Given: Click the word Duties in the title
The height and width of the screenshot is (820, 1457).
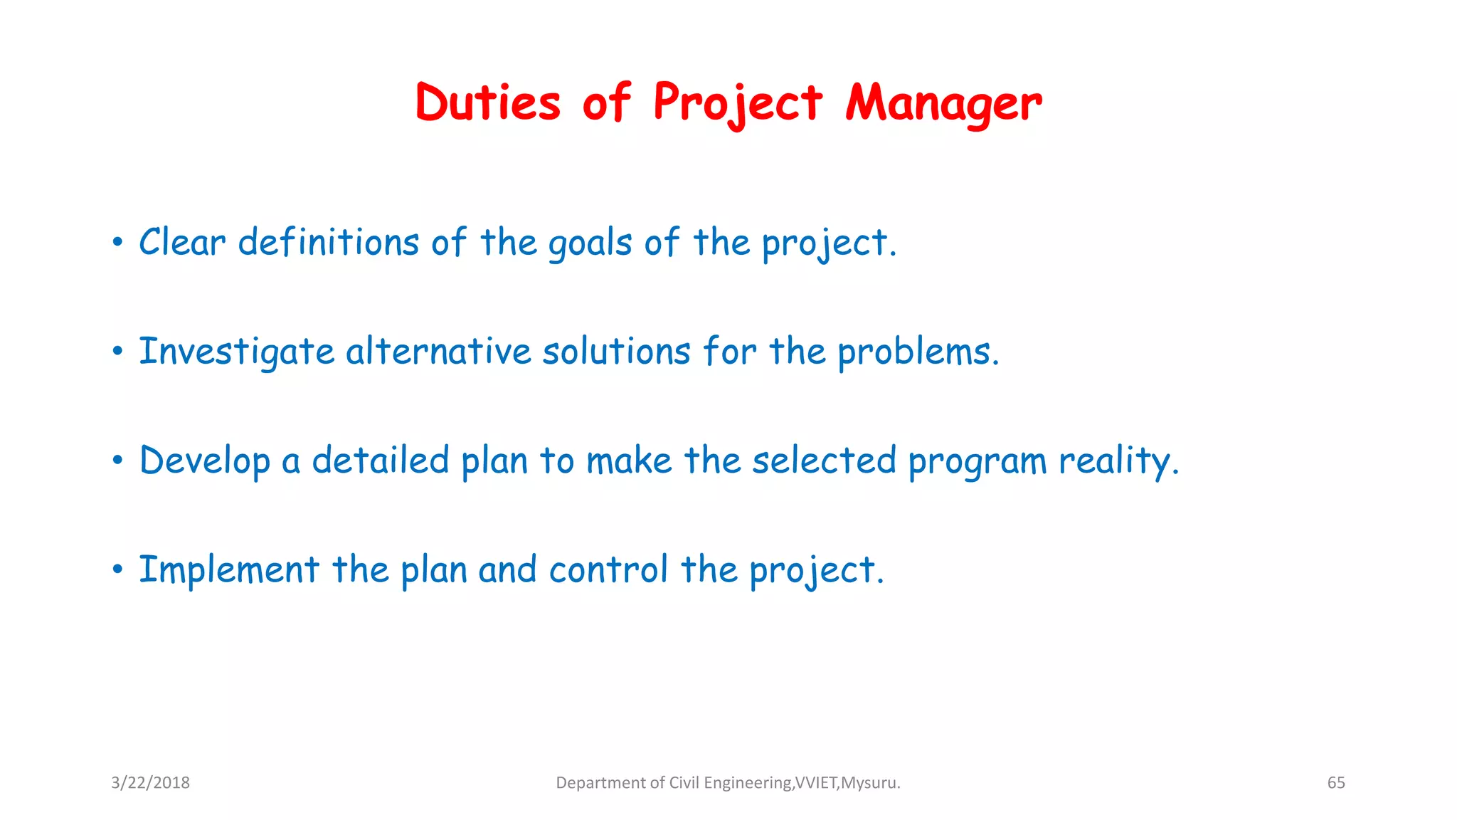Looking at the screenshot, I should (x=488, y=102).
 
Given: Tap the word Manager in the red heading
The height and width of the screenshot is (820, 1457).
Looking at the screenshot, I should (x=943, y=104).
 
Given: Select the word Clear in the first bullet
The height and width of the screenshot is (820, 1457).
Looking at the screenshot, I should (x=182, y=242).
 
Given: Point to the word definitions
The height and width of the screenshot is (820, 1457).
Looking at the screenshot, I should (x=328, y=242).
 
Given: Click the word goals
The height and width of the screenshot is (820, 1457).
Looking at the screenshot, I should (x=590, y=243).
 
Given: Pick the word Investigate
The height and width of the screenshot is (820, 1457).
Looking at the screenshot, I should (x=236, y=352).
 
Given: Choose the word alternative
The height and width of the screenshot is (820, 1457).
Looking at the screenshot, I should (x=438, y=352).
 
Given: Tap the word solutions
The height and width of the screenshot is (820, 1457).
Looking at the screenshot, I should (x=616, y=352).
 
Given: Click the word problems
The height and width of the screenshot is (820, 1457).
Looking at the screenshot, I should (x=918, y=352).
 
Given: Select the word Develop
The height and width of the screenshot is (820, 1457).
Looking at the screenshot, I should (x=205, y=461).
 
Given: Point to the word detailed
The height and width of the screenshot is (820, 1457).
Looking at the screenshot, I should (x=381, y=461).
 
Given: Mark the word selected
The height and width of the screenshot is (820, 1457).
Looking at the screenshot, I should (x=824, y=461).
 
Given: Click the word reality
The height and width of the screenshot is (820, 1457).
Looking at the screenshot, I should (x=1118, y=461).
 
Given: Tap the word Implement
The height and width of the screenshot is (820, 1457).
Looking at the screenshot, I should (x=229, y=570).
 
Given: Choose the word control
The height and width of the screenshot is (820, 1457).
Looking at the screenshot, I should (x=608, y=570).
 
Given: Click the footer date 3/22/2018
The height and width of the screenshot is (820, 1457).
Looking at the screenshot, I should (x=150, y=783).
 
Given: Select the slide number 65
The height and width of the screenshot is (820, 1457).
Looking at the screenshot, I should (x=1336, y=783).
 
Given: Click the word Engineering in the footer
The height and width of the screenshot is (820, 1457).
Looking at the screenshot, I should (x=747, y=783).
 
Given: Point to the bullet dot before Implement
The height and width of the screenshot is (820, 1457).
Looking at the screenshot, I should (x=118, y=569).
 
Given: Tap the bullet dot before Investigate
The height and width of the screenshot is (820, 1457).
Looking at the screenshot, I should (x=118, y=351).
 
